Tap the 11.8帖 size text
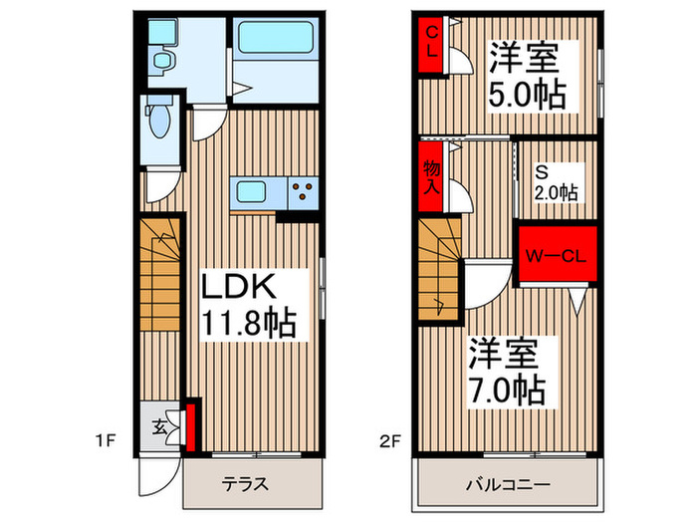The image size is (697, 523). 250,324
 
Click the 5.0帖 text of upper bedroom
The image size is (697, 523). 527,95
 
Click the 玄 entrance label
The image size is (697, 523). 159,424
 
